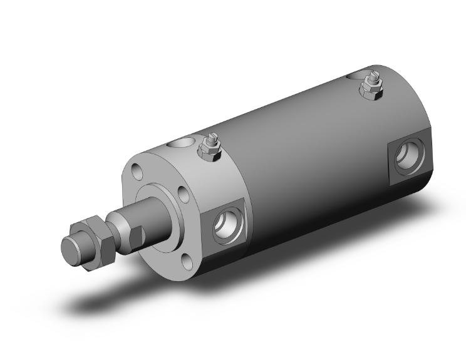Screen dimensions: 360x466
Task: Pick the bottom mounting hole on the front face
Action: click(186, 257)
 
